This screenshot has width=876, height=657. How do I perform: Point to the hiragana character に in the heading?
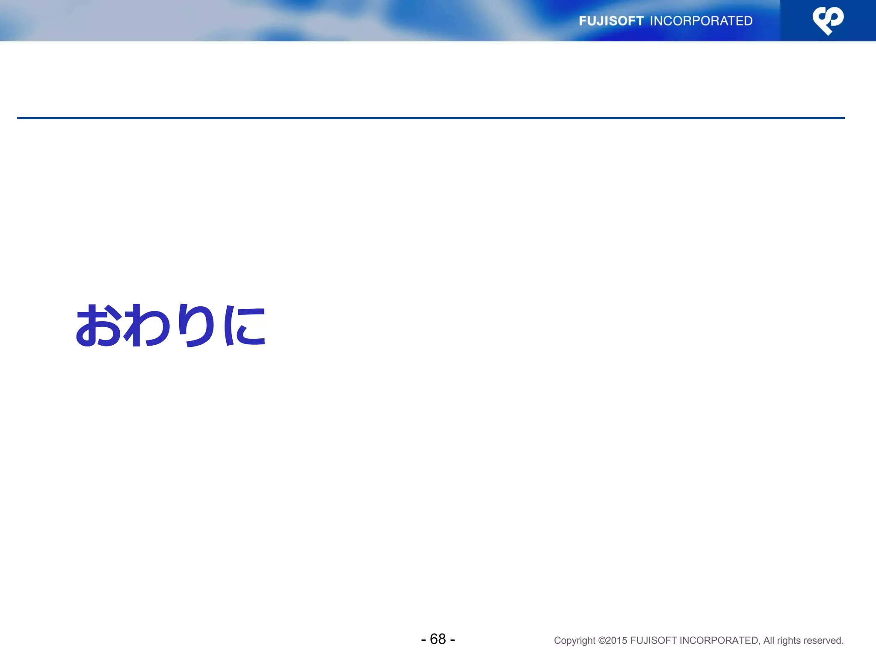245,326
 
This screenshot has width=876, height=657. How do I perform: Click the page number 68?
438,639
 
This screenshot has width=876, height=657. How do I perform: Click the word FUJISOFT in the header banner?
611,21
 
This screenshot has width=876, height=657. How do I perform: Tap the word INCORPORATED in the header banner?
701,21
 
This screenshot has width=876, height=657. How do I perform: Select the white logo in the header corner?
828,21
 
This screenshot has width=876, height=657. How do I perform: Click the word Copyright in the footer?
574,641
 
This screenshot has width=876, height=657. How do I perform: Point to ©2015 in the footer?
613,641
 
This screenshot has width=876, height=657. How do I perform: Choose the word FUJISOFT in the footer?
653,641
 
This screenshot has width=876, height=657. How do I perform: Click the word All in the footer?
769,641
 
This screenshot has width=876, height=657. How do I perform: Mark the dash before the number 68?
423,640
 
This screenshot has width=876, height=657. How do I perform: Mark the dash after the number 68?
453,640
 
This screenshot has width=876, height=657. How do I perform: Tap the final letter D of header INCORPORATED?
748,21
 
